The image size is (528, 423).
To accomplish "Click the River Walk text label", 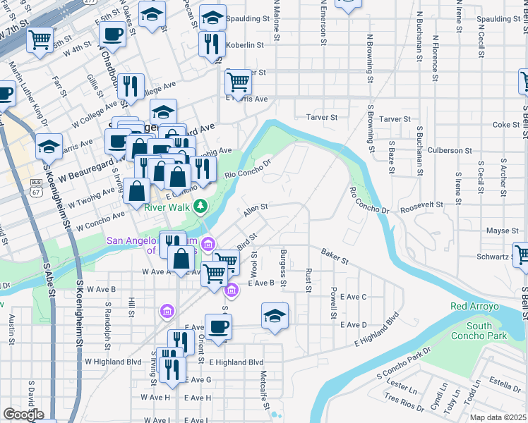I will [167, 207].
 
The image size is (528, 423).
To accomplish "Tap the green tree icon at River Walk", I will [201, 206].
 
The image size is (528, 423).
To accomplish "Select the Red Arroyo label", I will [474, 307].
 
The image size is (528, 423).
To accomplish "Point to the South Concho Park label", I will [479, 331].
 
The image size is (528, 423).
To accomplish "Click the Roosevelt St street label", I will [421, 204].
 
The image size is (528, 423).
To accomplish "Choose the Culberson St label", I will [449, 150].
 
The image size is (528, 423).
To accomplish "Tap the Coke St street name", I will [506, 125].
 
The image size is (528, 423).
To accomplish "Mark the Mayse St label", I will [503, 231].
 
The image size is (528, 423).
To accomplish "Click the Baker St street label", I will [335, 256].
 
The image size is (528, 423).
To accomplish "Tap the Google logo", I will [23, 414].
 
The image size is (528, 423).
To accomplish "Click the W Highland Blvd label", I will [113, 361].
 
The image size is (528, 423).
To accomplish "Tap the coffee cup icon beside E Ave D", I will [218, 326].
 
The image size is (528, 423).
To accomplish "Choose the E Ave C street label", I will [353, 297].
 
